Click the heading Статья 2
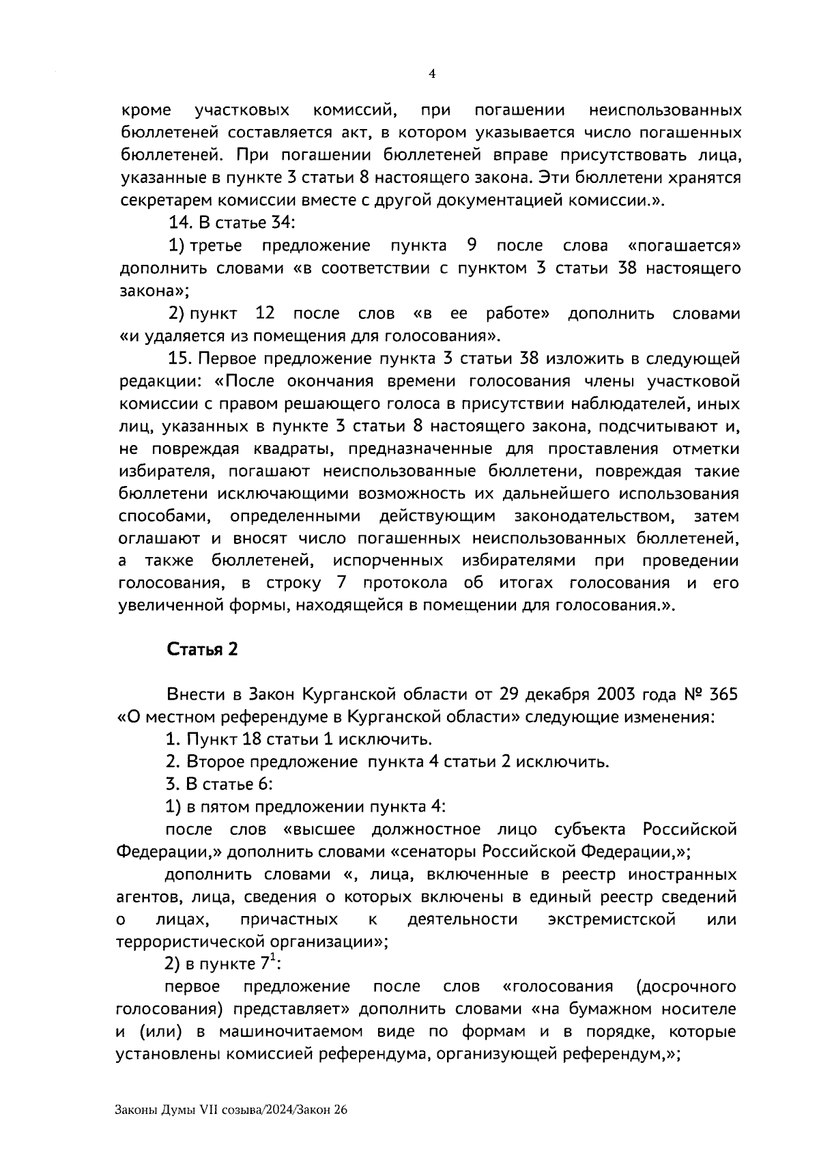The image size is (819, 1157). click(x=202, y=649)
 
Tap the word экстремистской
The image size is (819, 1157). click(x=612, y=919)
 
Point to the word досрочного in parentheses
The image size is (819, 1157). click(x=685, y=986)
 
